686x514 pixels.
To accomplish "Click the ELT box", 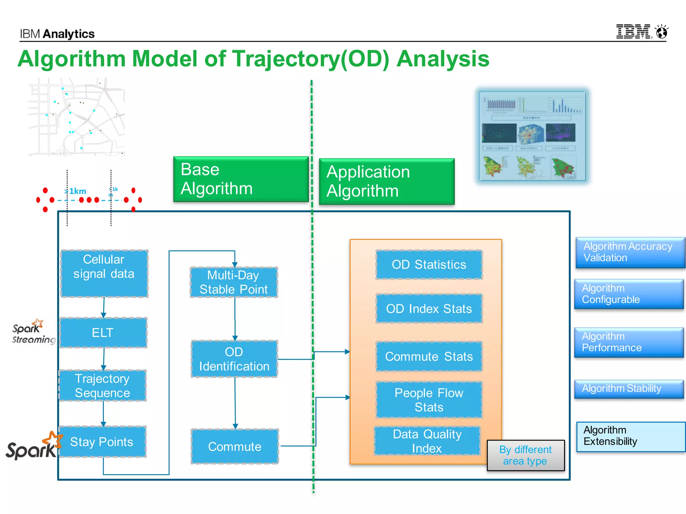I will (x=103, y=333).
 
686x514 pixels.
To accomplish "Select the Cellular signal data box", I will (x=104, y=273).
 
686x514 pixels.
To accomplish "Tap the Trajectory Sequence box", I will (x=102, y=385).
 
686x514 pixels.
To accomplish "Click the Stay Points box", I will (x=102, y=442).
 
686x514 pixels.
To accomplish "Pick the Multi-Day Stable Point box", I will (x=234, y=282).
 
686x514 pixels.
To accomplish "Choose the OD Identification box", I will (x=234, y=359).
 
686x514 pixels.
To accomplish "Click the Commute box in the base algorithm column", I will (x=234, y=446).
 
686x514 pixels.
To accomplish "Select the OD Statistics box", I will (x=429, y=264).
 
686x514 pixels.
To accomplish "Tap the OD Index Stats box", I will (x=429, y=309).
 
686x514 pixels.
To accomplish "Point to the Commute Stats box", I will (x=429, y=356).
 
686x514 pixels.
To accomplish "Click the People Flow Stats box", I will (x=429, y=400).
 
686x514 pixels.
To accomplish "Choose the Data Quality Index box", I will (x=427, y=441).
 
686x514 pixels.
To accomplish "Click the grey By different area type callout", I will (x=525, y=455).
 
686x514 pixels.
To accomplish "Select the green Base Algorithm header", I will (x=241, y=179).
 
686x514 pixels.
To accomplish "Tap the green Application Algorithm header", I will (x=387, y=181).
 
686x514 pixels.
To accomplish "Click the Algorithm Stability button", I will (x=628, y=389).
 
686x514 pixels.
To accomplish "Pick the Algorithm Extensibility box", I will (x=630, y=436).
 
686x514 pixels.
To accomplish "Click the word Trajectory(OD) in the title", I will (x=311, y=59).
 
